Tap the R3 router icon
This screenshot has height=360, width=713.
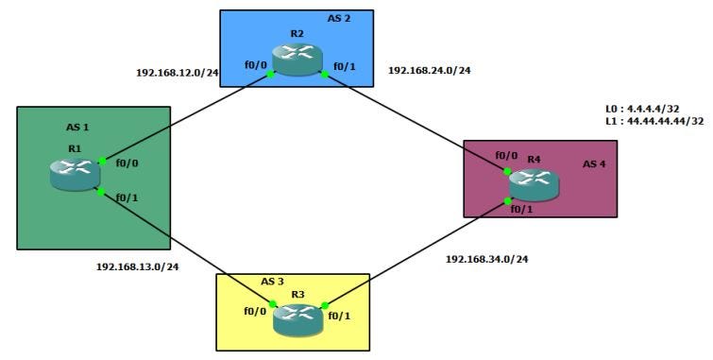click(x=297, y=318)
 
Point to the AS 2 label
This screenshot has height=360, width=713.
click(x=340, y=18)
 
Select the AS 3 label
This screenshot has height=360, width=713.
click(x=273, y=282)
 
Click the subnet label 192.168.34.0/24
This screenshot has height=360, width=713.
click(x=487, y=258)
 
